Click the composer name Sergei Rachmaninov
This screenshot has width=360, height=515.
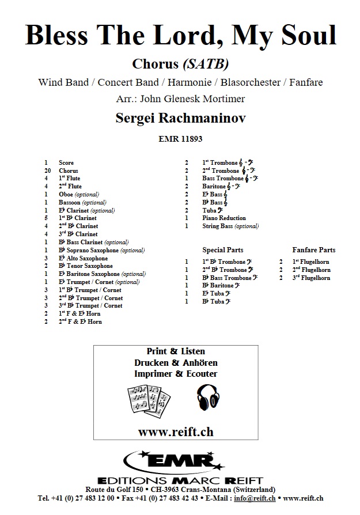coord(180,119)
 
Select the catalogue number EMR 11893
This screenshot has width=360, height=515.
coord(180,139)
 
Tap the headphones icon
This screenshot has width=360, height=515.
coord(209,397)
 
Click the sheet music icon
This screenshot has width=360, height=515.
coord(149,399)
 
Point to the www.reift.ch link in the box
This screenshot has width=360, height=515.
coord(180,431)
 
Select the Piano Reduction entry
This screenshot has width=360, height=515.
coord(224,218)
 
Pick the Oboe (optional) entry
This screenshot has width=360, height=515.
coord(79,195)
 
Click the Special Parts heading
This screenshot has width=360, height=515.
coord(223,250)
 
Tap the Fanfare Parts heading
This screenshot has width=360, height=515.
coord(314,250)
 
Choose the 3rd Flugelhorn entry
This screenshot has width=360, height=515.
coord(311,278)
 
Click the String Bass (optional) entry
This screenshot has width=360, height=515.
coord(230,226)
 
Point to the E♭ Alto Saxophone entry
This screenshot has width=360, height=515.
coord(83,259)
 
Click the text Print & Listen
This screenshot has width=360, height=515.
coord(180,351)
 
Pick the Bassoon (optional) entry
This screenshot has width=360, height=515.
coord(82,203)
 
